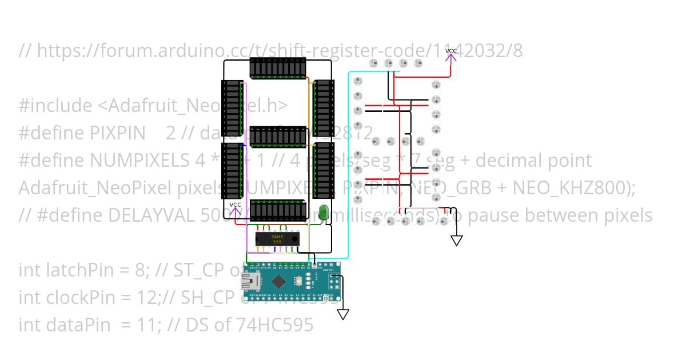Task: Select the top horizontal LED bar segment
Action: tap(278, 68)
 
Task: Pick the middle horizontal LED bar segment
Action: tap(278, 137)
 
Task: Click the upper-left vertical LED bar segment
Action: tap(232, 107)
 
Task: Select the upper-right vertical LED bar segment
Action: tap(324, 107)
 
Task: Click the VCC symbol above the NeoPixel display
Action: tap(450, 54)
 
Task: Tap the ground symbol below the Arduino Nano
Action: tap(343, 314)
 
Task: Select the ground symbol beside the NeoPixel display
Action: tap(456, 241)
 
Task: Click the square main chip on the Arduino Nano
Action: tap(278, 281)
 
